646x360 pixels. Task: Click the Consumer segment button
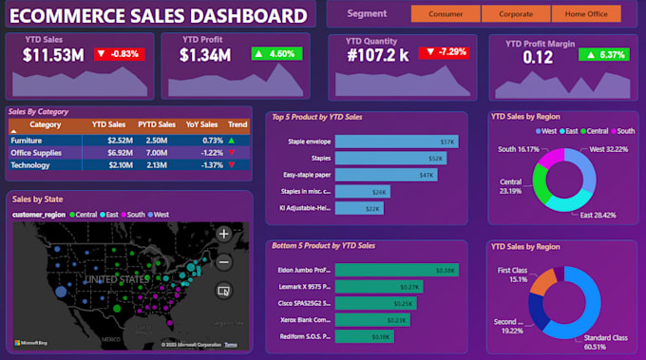[446, 14]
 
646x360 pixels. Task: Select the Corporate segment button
[516, 14]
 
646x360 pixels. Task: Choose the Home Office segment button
[586, 14]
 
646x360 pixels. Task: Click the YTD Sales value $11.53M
[54, 55]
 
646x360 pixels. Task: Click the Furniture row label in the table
[27, 140]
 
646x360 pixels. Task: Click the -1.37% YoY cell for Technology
[212, 165]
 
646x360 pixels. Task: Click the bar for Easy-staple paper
[386, 175]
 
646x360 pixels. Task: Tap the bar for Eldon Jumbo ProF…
[397, 270]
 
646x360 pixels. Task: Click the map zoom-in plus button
[224, 234]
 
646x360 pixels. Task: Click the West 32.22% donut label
[609, 150]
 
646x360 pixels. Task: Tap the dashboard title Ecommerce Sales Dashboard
[158, 15]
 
